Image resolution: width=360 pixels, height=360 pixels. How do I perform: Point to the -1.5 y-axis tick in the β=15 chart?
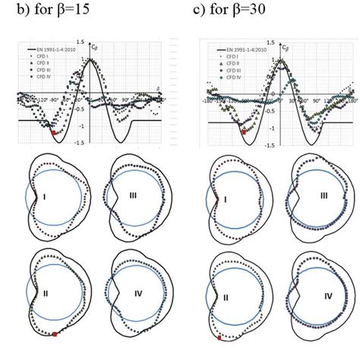[x=86, y=141]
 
